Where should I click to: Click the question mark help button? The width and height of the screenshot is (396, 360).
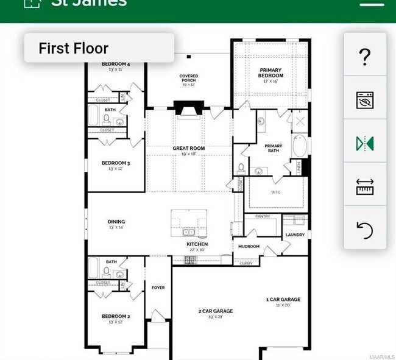click(x=365, y=56)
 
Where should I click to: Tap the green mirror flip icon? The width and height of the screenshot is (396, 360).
click(x=365, y=144)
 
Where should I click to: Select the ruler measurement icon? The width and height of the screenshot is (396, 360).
click(x=365, y=187)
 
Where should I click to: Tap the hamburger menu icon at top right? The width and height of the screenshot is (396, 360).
click(x=372, y=3)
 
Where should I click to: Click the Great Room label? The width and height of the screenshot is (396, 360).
click(x=188, y=148)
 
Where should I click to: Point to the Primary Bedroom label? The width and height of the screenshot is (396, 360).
click(x=270, y=73)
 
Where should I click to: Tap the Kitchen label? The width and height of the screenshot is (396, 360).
click(x=197, y=244)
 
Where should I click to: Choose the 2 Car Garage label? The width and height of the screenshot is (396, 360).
click(x=216, y=311)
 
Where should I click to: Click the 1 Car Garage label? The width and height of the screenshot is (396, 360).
click(x=283, y=299)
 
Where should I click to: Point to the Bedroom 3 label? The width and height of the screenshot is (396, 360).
click(x=116, y=163)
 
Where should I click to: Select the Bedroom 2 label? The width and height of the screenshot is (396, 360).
click(x=116, y=316)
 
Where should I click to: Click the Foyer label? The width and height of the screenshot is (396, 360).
click(x=158, y=288)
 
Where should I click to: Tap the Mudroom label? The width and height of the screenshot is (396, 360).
click(x=249, y=247)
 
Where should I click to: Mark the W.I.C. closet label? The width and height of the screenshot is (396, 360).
click(x=275, y=192)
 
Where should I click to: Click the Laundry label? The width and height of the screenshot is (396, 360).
click(x=295, y=235)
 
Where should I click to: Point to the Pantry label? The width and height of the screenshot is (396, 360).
click(x=262, y=216)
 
